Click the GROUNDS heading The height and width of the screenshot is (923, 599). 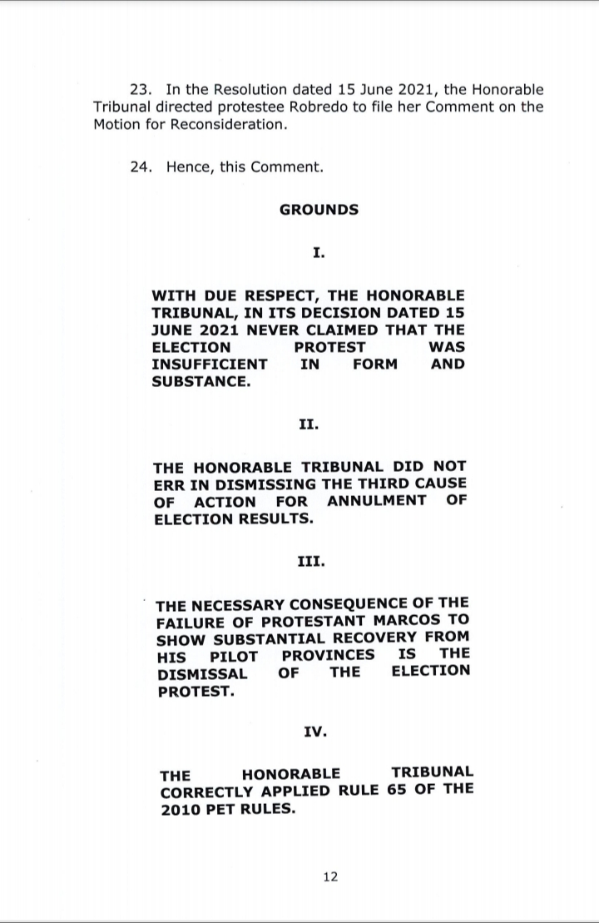click(319, 209)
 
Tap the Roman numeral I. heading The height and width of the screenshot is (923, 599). click(319, 251)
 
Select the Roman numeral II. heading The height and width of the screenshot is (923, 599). click(308, 424)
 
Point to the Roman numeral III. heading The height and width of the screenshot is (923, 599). click(311, 561)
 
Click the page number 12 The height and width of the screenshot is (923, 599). click(330, 876)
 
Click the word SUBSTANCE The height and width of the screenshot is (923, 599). click(200, 382)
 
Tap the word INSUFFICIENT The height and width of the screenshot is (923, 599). click(210, 364)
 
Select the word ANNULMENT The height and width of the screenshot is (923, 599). click(377, 501)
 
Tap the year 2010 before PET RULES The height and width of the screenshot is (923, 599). click(181, 807)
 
